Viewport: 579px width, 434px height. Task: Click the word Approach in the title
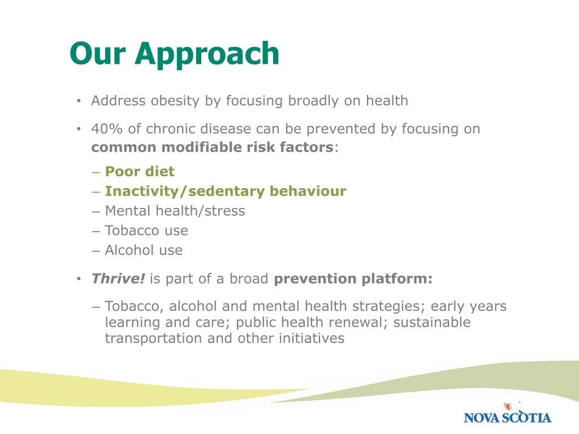click(x=207, y=54)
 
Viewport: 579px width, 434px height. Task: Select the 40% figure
click(x=107, y=129)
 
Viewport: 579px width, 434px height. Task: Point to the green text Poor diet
click(x=140, y=171)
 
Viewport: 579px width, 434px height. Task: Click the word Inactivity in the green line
click(x=144, y=191)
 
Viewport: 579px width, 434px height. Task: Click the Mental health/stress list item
click(x=175, y=211)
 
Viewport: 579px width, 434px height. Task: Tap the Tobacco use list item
click(x=146, y=231)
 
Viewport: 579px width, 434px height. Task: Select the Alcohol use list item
click(x=144, y=250)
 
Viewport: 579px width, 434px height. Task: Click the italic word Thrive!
click(x=118, y=278)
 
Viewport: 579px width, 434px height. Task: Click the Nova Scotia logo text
click(x=507, y=418)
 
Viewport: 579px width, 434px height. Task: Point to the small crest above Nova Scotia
click(x=508, y=406)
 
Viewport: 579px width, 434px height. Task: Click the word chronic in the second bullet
click(x=171, y=129)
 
